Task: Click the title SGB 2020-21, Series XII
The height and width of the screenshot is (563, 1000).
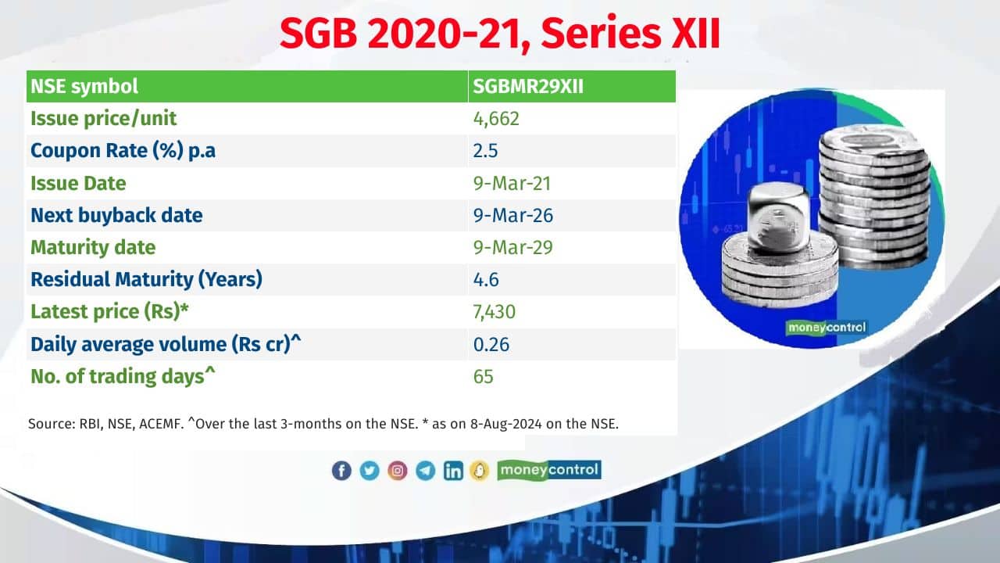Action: pyautogui.click(x=500, y=35)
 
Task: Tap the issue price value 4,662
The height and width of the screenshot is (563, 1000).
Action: pyautogui.click(x=496, y=119)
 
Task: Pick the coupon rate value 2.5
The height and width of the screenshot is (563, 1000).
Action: pyautogui.click(x=485, y=151)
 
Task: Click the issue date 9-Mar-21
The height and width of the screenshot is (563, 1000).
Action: pyautogui.click(x=512, y=183)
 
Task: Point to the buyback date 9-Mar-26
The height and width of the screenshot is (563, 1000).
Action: pyautogui.click(x=512, y=215)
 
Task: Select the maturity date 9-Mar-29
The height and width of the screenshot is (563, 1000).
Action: pyautogui.click(x=512, y=247)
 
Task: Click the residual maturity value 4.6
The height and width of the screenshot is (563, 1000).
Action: pyautogui.click(x=485, y=279)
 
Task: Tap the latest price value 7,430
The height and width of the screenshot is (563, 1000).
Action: pyautogui.click(x=494, y=312)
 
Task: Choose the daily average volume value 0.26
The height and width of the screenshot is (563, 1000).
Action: pyautogui.click(x=491, y=344)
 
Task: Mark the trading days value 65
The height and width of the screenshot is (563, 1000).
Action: pyautogui.click(x=483, y=376)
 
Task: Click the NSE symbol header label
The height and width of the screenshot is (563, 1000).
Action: pyautogui.click(x=84, y=86)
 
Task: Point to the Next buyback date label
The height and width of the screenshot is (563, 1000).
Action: pyautogui.click(x=116, y=215)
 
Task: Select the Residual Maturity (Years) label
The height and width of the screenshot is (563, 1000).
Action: pyautogui.click(x=146, y=279)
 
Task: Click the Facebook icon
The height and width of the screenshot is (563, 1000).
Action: pyautogui.click(x=341, y=471)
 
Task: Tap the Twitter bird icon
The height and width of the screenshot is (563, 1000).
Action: pyautogui.click(x=370, y=471)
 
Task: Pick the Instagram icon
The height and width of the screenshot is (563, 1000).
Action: pyautogui.click(x=398, y=471)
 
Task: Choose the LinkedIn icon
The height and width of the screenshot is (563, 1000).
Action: pyautogui.click(x=453, y=471)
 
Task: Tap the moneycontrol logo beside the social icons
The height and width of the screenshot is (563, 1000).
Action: pyautogui.click(x=548, y=470)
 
